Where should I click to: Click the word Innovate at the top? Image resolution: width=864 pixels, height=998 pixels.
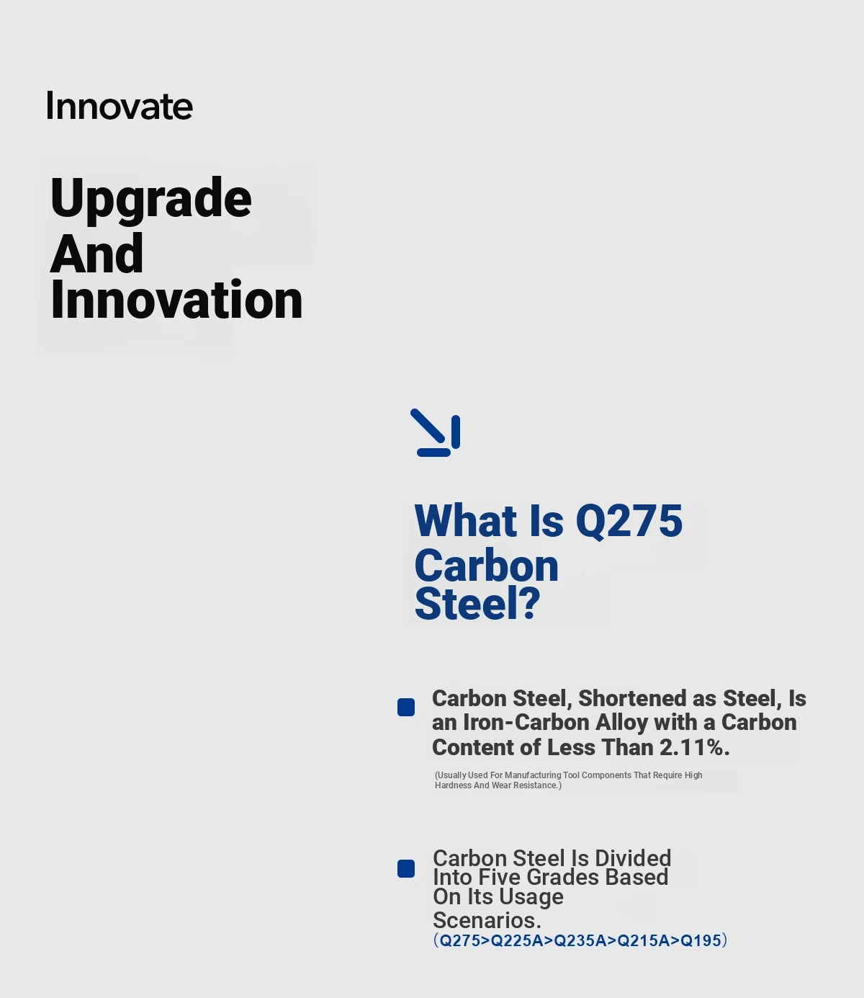pos(119,106)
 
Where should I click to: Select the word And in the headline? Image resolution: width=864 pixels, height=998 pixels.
pos(96,253)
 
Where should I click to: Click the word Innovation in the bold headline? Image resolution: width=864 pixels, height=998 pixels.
pos(176,299)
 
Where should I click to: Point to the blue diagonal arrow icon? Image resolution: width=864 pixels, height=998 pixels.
pos(435,432)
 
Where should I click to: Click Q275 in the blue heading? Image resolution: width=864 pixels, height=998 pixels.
pos(629,522)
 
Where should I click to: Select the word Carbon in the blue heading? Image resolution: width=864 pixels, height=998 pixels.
pos(486,566)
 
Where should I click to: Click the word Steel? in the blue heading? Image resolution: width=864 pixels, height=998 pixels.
pos(477,604)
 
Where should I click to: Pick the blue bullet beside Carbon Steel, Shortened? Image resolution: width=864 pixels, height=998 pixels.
pos(406,708)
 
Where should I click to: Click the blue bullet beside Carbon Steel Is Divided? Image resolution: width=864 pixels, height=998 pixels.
pos(406,868)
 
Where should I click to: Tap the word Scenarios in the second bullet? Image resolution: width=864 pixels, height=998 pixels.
pos(487,920)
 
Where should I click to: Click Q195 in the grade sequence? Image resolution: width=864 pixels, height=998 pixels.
pos(701,940)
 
